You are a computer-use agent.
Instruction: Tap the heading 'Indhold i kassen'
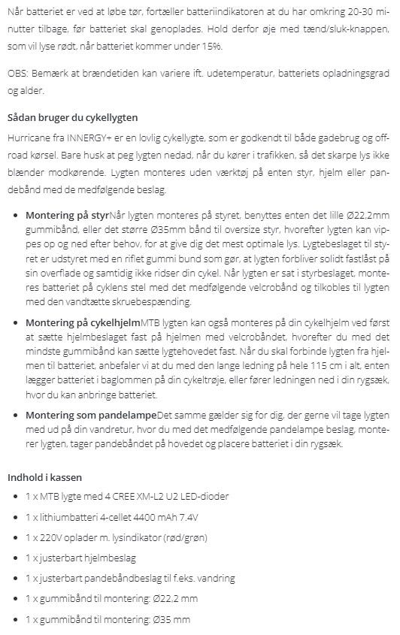tap(44, 477)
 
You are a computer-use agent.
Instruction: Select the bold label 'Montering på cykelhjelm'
tap(83, 322)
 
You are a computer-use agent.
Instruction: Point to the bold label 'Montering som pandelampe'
tap(91, 415)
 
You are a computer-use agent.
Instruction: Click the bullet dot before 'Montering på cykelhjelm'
tap(17, 322)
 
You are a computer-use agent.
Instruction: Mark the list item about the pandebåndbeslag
tap(130, 579)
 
